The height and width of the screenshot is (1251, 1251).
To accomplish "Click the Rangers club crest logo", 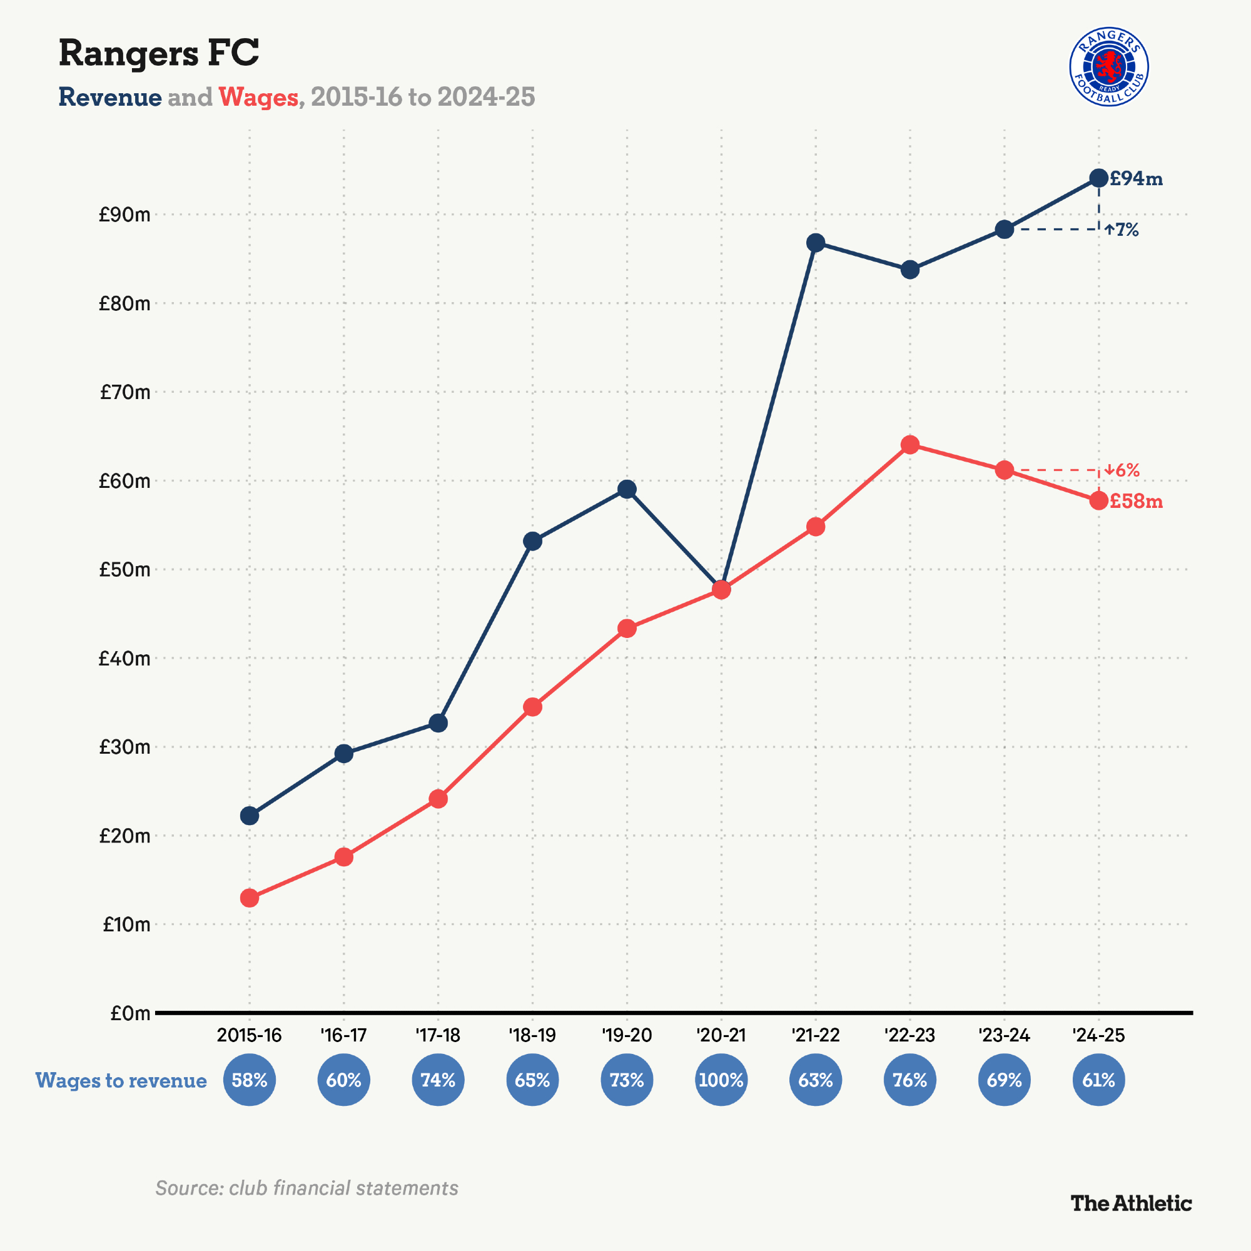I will [x=1108, y=67].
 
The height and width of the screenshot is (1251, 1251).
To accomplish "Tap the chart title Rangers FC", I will [x=159, y=53].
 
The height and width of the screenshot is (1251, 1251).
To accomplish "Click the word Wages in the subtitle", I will [x=258, y=97].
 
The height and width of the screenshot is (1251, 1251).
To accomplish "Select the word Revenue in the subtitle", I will [x=110, y=97].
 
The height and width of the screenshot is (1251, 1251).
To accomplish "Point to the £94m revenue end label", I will [x=1136, y=179].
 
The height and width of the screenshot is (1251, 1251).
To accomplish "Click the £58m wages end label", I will [x=1136, y=501].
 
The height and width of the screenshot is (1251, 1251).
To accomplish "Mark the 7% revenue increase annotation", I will [x=1122, y=230].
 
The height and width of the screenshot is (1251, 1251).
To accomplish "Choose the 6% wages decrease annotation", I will [x=1122, y=470].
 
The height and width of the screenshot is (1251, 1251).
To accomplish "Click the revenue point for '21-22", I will [x=816, y=243].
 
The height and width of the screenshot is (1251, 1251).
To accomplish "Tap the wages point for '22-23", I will [x=909, y=445].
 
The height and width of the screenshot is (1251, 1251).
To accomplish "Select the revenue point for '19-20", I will [x=627, y=489].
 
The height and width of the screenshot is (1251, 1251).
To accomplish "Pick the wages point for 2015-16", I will [x=250, y=898].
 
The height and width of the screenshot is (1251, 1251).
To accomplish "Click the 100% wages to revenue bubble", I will [x=721, y=1080].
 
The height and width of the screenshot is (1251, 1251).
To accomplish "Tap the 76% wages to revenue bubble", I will [x=909, y=1080].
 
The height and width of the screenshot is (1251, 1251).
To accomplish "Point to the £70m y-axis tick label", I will [x=125, y=392].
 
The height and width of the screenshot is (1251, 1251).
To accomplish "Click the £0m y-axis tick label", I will [x=130, y=1013].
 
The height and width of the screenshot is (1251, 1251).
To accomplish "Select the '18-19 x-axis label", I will [x=532, y=1035].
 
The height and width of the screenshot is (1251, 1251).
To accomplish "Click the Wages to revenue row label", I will [x=121, y=1080].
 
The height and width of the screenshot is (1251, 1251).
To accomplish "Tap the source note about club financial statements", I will [x=307, y=1188].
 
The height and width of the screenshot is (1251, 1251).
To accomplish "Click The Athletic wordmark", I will [x=1130, y=1203].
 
